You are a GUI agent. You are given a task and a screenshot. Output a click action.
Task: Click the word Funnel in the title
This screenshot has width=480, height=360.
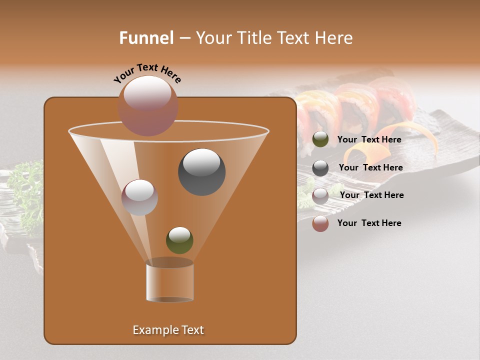146,38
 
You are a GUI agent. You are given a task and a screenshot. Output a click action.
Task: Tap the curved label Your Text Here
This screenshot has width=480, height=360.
147,73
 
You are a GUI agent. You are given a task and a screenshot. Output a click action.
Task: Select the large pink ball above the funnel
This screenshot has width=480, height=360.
147,105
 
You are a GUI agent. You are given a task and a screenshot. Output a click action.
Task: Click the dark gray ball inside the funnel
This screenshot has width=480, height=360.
201,171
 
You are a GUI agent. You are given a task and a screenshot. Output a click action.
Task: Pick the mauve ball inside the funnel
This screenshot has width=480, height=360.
139,197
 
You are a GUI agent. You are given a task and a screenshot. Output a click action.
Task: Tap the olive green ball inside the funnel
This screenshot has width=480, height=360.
179,240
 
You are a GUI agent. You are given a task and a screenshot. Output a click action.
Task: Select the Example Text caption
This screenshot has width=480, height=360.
168,330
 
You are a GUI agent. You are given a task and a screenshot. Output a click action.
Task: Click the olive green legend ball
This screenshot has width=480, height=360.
320,139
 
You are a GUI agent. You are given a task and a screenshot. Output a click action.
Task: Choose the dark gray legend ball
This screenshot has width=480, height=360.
320,167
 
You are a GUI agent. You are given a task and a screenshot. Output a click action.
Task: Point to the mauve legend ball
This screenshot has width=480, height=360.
320,195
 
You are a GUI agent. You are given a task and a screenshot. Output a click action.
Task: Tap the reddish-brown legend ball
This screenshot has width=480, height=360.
320,223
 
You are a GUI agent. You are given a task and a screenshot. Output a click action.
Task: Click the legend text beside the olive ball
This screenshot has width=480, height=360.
369,139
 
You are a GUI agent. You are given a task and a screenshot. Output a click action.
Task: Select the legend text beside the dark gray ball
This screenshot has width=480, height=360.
370,167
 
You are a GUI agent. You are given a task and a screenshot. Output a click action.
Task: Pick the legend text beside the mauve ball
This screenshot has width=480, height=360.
371,195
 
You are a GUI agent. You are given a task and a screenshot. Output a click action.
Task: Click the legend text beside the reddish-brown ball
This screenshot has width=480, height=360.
369,223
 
